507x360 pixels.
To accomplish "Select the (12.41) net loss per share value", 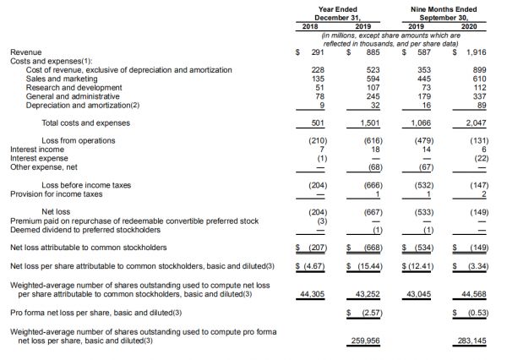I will [x=419, y=266].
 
